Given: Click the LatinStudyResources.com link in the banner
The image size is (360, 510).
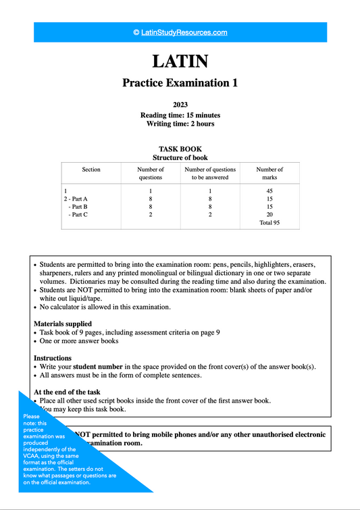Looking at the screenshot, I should coord(180,32).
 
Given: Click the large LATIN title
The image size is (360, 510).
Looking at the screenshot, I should coord(180,61).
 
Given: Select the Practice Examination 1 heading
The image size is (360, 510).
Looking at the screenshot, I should coord(180,83).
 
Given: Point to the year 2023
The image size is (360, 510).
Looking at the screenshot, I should coord(180,105).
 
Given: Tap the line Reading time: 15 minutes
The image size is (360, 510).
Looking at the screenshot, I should coord(180,115).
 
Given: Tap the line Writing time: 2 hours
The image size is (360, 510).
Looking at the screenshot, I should coord(180,124).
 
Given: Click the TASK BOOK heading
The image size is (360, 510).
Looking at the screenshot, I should coord(180,149).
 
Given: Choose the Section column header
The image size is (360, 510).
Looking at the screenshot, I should coord(91,170).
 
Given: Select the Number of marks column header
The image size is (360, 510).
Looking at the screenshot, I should coord(269,174).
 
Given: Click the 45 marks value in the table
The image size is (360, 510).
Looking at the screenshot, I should coord(269,190).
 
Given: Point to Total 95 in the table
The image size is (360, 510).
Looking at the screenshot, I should coord(269,223).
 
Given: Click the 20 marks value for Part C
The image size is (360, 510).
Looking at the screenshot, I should coord(269,215).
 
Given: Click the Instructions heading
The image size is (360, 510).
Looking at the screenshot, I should coord(53,358).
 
